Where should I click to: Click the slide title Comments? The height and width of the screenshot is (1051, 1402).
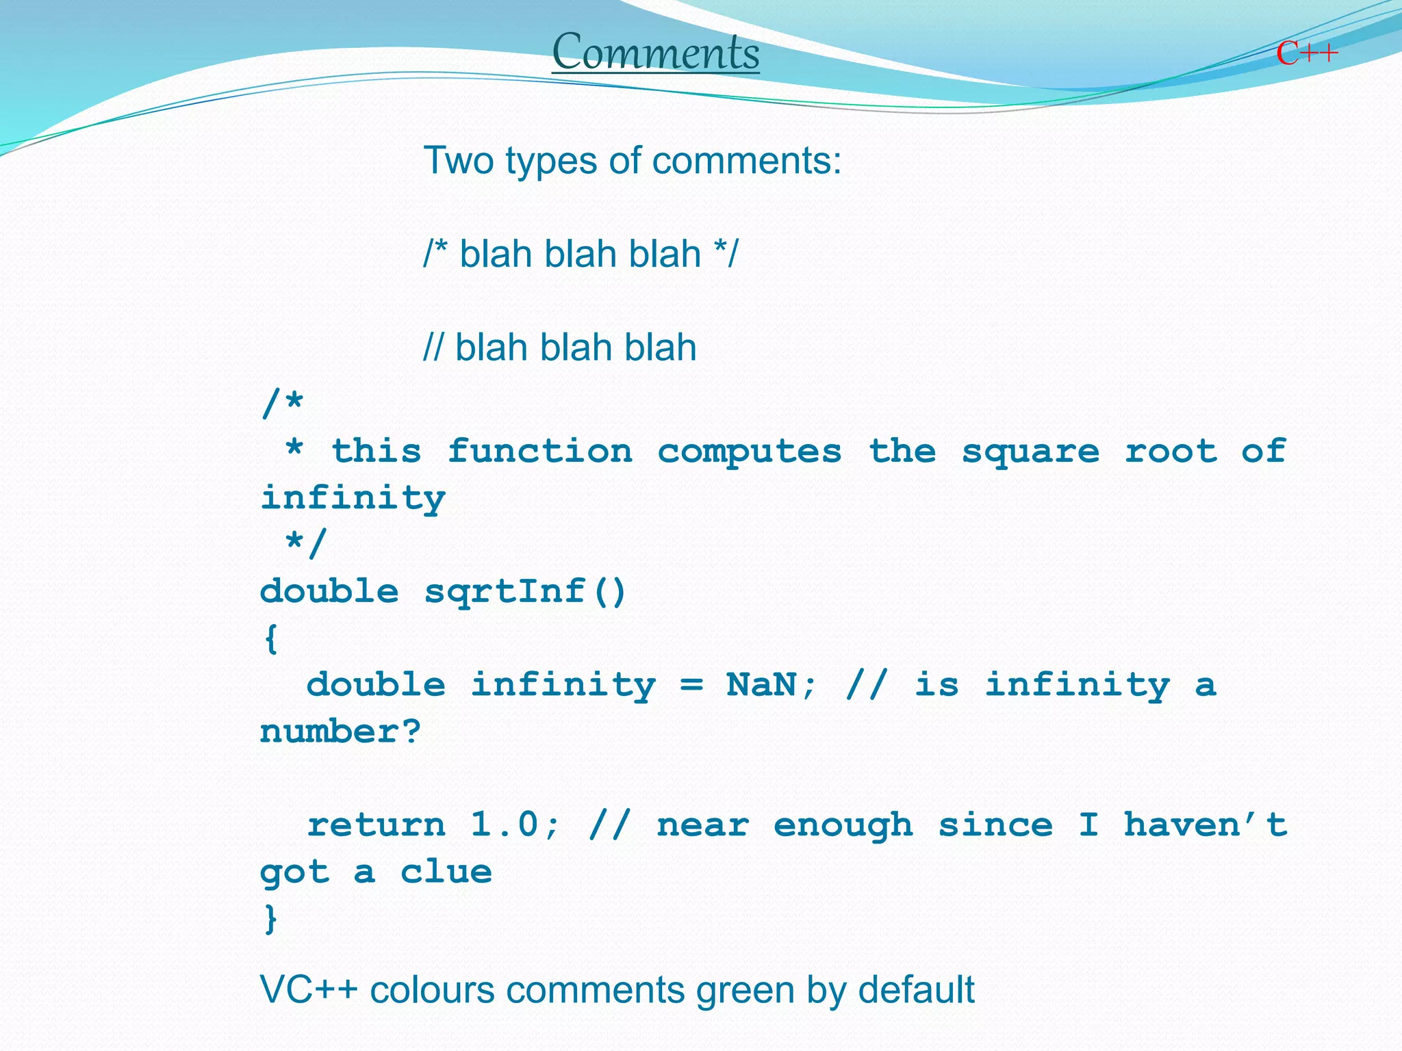[x=655, y=53]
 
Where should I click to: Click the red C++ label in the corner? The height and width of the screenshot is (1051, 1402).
[x=1306, y=53]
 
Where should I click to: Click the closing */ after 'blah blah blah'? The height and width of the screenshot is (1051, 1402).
[x=726, y=254]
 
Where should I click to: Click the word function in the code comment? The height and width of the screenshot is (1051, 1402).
[x=539, y=452]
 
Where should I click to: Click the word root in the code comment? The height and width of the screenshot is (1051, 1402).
[x=1171, y=452]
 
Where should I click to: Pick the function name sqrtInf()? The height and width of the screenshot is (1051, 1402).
[x=525, y=592]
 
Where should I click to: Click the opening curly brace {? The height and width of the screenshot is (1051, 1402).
[x=271, y=638]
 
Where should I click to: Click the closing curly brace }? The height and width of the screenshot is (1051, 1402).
[x=271, y=918]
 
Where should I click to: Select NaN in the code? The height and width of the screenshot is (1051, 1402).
[x=761, y=685]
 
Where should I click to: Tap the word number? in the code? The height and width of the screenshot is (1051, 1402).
[x=340, y=731]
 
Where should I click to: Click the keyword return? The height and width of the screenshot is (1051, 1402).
[x=376, y=825]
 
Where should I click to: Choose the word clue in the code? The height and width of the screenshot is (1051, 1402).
[x=446, y=872]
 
